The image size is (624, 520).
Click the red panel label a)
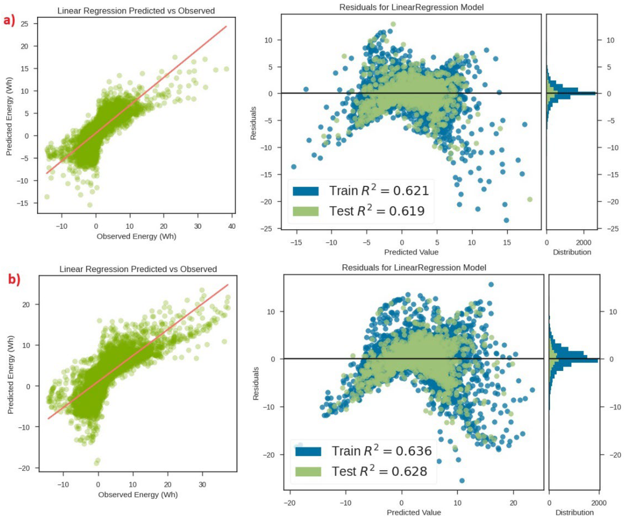point(9,21)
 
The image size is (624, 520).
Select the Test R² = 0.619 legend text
point(377,211)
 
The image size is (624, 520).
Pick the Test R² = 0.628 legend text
point(379,471)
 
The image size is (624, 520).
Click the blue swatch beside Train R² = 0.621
point(305,191)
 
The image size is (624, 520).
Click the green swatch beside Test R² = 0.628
point(308,472)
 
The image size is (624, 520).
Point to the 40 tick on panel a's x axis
point(232,226)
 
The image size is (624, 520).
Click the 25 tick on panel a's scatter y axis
point(25,24)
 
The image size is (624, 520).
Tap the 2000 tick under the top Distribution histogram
point(584,242)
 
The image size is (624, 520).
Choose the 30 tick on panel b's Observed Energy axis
point(202,484)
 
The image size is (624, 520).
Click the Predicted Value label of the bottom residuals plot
point(414,512)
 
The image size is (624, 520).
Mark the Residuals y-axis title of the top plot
point(253,123)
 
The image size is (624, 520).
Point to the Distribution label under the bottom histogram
point(574,512)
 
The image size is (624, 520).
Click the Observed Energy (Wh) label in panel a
point(136,236)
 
